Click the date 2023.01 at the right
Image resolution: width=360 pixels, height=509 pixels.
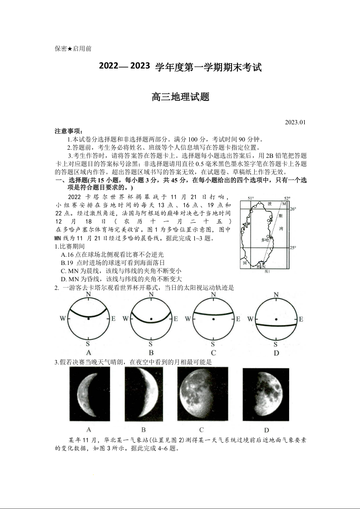click(296, 122)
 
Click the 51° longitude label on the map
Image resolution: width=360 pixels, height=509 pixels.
click(250, 199)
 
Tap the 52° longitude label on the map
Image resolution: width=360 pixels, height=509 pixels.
click(286, 199)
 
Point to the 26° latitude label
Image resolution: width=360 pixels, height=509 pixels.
click(293, 209)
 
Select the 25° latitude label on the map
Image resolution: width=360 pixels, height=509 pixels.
click(293, 248)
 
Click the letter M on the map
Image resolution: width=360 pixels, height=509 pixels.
click(284, 204)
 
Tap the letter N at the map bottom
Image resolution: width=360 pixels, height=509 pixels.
click(264, 267)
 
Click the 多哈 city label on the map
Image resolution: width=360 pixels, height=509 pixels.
click(265, 240)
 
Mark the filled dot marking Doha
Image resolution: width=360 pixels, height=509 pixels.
click(271, 237)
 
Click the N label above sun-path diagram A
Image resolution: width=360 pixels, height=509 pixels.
click(89, 294)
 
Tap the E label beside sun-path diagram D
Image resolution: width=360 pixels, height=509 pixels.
click(300, 319)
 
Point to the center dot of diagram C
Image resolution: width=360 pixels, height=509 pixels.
click(213, 319)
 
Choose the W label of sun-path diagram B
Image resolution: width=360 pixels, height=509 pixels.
click(125, 319)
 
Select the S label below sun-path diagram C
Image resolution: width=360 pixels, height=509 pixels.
click(213, 344)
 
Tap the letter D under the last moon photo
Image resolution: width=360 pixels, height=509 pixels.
click(266, 430)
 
